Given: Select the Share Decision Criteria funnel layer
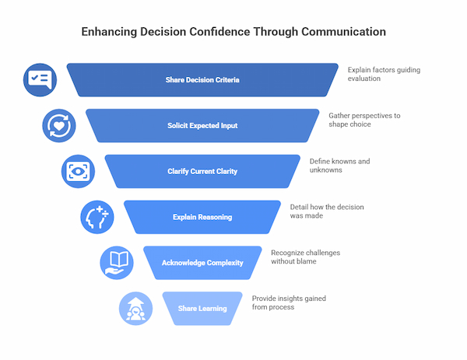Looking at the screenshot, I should pyautogui.click(x=202, y=80).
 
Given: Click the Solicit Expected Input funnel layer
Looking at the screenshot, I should pyautogui.click(x=202, y=126).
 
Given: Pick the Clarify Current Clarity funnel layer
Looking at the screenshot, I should pyautogui.click(x=202, y=171).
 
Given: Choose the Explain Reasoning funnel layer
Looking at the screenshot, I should pyautogui.click(x=202, y=217).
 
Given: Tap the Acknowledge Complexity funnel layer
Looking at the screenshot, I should pyautogui.click(x=202, y=263).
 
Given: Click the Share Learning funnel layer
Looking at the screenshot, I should pyautogui.click(x=202, y=308).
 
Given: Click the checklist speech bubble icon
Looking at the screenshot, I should pyautogui.click(x=40, y=79).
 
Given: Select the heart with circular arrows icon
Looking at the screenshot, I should pyautogui.click(x=59, y=125).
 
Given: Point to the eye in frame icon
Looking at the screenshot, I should pyautogui.click(x=78, y=171).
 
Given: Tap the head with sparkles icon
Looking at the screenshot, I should pyautogui.click(x=97, y=217).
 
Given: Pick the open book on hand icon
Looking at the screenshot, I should pyautogui.click(x=116, y=263).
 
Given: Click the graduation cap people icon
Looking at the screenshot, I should pyautogui.click(x=135, y=308).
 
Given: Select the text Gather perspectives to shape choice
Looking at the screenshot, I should pyautogui.click(x=364, y=121).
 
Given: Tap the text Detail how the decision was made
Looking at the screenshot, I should pyautogui.click(x=327, y=211).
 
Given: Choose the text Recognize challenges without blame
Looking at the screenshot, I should pyautogui.click(x=306, y=257).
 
